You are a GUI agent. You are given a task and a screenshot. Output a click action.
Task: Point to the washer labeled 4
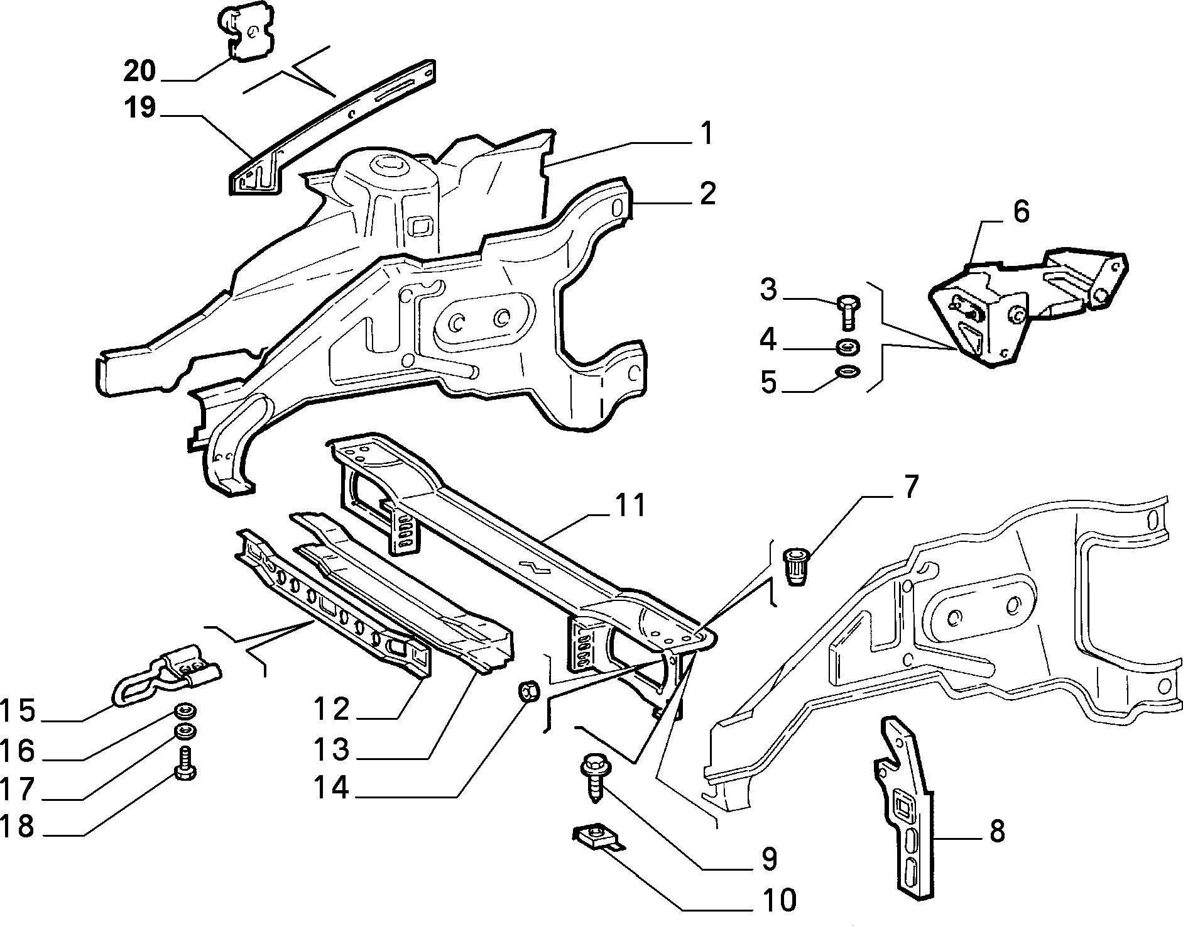click(x=848, y=346)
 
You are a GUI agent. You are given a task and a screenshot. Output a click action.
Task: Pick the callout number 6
click(x=1022, y=212)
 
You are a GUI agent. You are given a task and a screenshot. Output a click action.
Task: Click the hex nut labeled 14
click(x=528, y=693)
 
